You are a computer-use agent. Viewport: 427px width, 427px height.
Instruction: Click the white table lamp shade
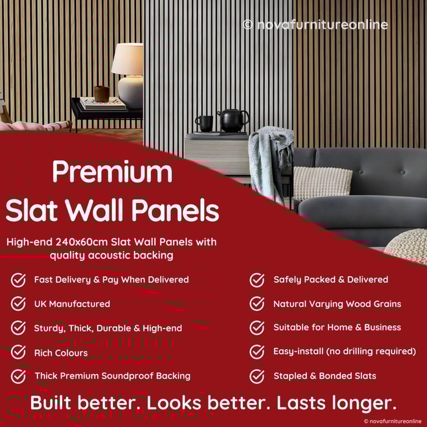[127, 59]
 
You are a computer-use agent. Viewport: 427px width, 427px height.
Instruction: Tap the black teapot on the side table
[233, 120]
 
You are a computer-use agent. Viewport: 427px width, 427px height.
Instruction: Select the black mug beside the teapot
[204, 123]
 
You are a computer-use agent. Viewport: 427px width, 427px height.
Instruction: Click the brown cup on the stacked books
[102, 94]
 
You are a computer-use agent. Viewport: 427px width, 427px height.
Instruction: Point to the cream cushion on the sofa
[322, 183]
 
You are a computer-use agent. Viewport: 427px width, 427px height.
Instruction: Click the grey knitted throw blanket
[270, 161]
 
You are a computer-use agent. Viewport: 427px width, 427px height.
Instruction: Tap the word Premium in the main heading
[112, 172]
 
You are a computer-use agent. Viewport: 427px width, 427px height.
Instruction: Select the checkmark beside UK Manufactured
[18, 304]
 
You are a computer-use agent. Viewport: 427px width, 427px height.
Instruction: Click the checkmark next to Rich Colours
[18, 352]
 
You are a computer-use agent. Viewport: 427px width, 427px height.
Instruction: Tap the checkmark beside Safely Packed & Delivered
[257, 280]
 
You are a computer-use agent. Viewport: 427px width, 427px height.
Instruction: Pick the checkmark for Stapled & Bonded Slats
[257, 376]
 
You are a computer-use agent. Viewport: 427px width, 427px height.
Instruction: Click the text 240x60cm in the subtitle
[81, 242]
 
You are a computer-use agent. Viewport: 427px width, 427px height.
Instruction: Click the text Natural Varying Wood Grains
[337, 304]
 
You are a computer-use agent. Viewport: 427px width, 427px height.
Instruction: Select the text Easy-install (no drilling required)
[345, 351]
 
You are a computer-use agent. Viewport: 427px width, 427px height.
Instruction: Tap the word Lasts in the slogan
[301, 403]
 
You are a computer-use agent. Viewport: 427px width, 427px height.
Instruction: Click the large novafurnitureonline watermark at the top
[315, 25]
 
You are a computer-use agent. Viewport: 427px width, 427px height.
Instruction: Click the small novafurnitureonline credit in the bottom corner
[393, 421]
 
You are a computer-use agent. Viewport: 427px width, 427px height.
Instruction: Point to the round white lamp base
[131, 92]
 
